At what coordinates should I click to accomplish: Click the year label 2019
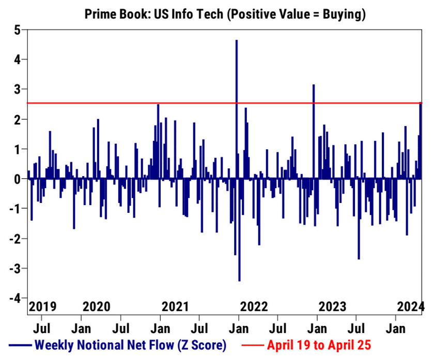point(42,306)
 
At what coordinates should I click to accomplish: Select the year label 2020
point(97,306)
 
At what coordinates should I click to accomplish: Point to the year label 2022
point(254,306)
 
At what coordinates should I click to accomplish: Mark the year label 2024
point(411,306)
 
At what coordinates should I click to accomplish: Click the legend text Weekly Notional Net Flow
point(130,345)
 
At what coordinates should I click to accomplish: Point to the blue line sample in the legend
point(20,345)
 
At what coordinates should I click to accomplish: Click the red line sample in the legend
point(253,345)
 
